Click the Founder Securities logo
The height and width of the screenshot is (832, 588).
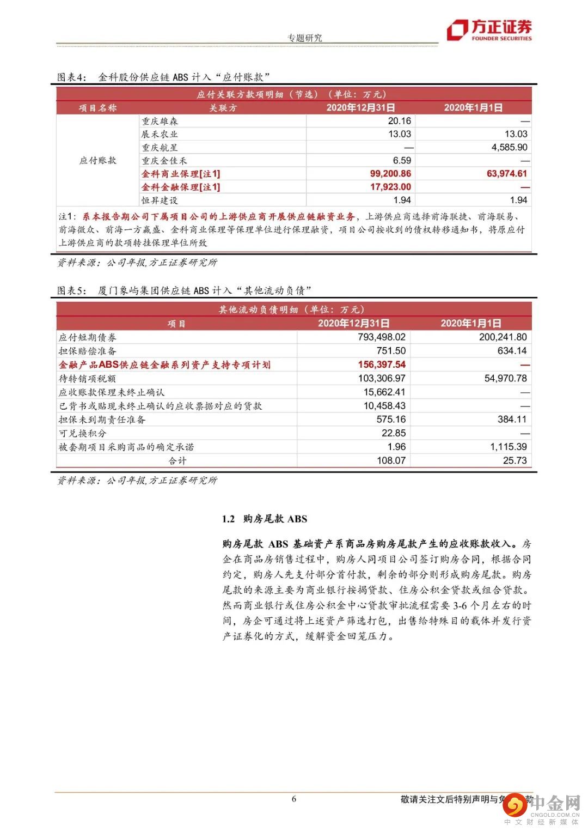tap(489, 30)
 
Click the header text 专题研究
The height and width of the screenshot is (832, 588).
tap(304, 38)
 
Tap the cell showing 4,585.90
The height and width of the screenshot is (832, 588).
tap(509, 147)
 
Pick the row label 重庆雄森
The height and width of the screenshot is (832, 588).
tap(160, 121)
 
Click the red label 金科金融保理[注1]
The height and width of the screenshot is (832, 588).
tap(181, 187)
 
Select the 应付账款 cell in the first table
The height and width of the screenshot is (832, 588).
tap(98, 160)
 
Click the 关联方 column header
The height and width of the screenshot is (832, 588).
tap(223, 108)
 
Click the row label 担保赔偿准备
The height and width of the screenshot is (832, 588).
tap(87, 351)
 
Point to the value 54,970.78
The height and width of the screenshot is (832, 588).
tap(505, 378)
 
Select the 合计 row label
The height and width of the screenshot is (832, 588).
tap(177, 460)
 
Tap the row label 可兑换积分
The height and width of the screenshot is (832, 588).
tap(82, 433)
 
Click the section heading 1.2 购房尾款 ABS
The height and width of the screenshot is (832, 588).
tap(264, 519)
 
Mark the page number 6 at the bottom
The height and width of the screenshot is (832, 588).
tap(294, 799)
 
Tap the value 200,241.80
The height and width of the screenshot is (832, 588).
tap(503, 337)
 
